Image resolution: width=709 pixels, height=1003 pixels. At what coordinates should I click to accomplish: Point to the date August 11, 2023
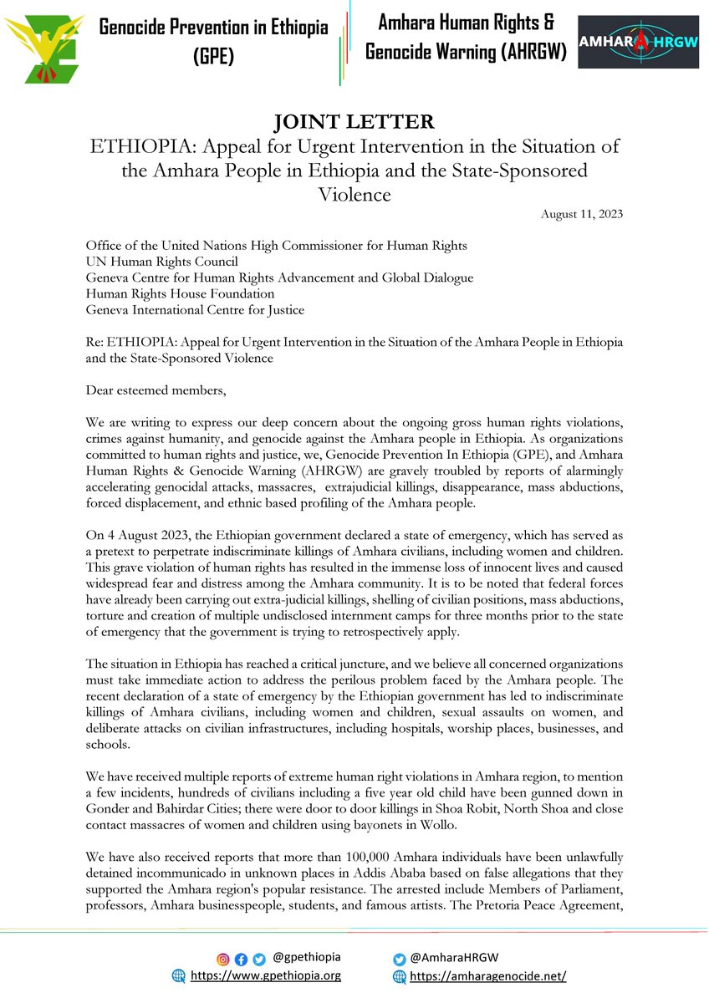(x=581, y=214)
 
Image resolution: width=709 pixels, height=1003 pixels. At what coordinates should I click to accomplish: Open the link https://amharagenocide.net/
(x=488, y=976)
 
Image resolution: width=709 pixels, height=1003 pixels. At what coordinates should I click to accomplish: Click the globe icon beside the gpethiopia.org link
(x=177, y=975)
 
